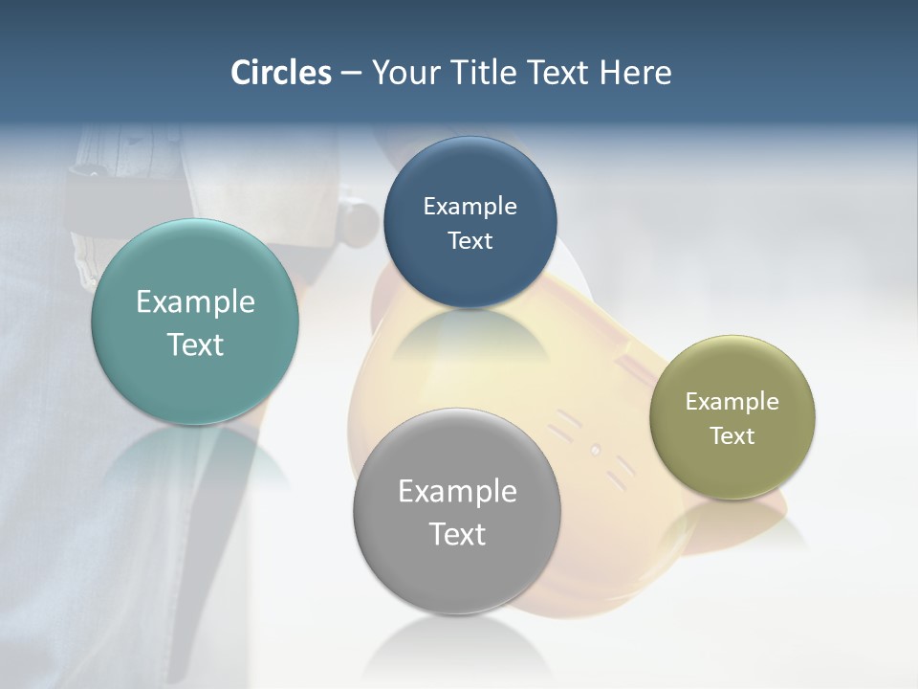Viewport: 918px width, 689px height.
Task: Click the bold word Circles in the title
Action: point(280,73)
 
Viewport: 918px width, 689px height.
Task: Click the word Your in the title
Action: point(406,73)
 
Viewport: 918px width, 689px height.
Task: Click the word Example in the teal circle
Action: point(195,302)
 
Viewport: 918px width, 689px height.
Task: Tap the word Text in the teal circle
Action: point(195,344)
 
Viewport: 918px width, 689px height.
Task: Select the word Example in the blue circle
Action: point(470,207)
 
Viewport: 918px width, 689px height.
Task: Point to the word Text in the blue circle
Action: point(470,241)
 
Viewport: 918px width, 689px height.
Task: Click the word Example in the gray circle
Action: point(457,492)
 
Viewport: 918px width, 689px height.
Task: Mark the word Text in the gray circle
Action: point(457,534)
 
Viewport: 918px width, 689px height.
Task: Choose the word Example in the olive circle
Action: point(732,402)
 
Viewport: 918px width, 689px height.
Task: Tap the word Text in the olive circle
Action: point(732,436)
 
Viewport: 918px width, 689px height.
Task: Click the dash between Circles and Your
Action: point(351,74)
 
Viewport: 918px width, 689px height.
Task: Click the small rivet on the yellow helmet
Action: point(595,449)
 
